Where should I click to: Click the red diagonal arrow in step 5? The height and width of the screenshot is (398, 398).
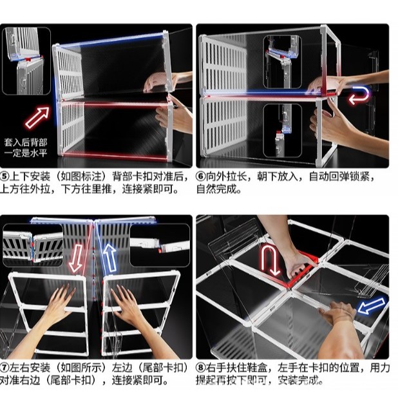pos(37,117)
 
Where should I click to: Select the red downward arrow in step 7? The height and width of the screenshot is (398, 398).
pos(76,258)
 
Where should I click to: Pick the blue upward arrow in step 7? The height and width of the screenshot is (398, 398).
pos(109,258)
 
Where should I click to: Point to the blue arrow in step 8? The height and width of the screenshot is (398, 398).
pos(372,305)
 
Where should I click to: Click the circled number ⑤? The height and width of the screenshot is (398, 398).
pos(5,176)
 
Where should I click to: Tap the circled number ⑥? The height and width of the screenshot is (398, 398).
pos(201,176)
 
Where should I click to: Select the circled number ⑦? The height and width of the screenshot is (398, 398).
pos(5,368)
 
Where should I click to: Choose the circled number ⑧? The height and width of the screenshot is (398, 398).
pos(201,368)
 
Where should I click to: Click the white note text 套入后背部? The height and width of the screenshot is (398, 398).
pos(26,142)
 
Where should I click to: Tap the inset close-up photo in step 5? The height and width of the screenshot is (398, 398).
pos(26,61)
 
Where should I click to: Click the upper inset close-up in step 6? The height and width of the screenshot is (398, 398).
pos(282,62)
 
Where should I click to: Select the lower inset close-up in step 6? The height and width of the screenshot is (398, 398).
pos(282,131)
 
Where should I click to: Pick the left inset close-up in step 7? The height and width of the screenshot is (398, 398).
pos(33,245)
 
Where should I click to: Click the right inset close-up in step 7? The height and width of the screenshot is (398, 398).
pos(160,245)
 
